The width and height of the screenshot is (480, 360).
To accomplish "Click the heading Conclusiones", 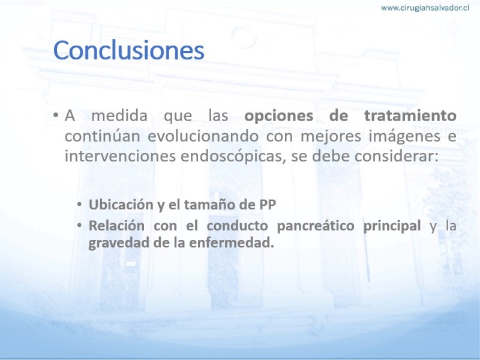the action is click(128, 50).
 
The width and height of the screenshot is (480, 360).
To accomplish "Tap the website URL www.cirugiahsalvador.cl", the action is click(425, 8).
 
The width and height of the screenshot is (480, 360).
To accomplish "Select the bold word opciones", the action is click(278, 116).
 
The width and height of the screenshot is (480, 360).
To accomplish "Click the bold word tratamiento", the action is click(410, 116).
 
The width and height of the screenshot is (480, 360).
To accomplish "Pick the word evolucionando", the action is click(203, 136).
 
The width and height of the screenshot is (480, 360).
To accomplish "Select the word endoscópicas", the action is click(233, 156).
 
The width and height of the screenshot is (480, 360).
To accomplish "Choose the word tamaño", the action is click(209, 205).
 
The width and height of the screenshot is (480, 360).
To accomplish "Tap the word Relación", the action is click(116, 226).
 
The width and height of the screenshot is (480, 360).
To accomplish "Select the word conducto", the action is click(238, 226).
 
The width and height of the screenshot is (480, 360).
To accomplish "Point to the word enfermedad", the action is click(232, 243).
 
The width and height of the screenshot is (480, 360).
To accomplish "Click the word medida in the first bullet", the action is click(119, 116).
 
